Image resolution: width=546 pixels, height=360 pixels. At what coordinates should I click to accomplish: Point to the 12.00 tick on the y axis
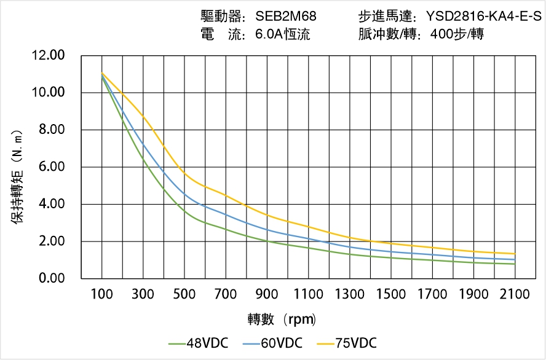[48, 56]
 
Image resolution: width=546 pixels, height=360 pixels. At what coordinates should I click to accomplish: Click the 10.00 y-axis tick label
[48, 93]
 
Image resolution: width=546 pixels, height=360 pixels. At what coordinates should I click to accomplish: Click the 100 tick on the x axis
[101, 294]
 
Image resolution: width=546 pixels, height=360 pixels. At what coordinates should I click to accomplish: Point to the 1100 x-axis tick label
[308, 294]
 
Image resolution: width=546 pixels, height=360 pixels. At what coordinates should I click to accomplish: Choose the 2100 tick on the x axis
[515, 294]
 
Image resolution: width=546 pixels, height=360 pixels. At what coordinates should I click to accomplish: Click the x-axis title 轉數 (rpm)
[282, 319]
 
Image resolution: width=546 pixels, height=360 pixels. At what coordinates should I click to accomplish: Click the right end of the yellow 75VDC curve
[515, 254]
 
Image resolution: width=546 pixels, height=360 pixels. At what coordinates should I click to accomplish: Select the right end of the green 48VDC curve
[515, 264]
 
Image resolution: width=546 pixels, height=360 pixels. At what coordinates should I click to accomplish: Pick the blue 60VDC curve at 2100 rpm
[515, 259]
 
